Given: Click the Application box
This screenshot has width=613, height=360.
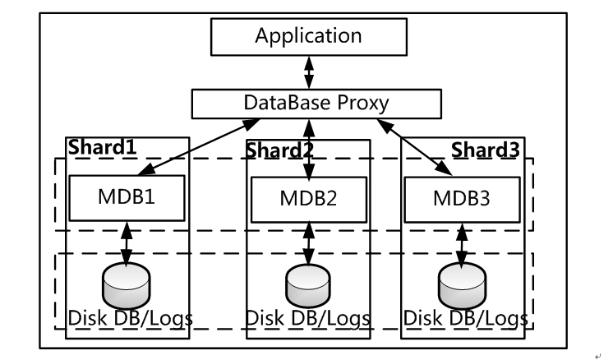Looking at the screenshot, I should coord(308,36).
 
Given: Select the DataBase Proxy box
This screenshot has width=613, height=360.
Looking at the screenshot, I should coord(316,103).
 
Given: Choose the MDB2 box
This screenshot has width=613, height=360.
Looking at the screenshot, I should coord(309,200).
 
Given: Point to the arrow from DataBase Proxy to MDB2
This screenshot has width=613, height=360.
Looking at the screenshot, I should coord(309,149).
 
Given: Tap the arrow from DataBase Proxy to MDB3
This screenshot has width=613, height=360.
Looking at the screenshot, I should coord(417,146).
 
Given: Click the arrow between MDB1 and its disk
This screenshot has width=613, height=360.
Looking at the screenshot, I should coord(127,242).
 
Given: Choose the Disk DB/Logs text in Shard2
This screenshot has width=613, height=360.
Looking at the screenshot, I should coord(307,317).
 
